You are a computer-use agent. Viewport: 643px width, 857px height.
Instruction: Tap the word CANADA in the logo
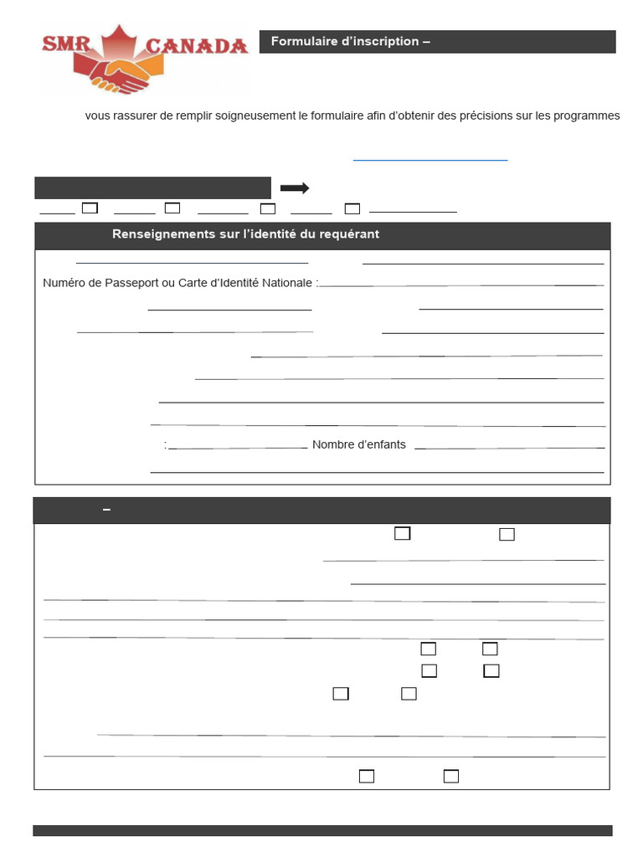click(198, 47)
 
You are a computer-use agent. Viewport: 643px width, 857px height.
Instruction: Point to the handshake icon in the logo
click(121, 74)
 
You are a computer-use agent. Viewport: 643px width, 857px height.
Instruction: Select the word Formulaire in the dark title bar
click(303, 42)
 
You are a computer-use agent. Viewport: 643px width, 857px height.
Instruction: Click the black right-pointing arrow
click(295, 188)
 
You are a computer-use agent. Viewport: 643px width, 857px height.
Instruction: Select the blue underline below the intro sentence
click(430, 159)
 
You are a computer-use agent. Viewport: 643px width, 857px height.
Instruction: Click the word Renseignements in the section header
click(152, 234)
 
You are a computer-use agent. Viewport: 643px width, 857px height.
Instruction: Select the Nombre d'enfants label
click(358, 444)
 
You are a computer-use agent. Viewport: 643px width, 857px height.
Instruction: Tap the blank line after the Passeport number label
click(460, 285)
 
